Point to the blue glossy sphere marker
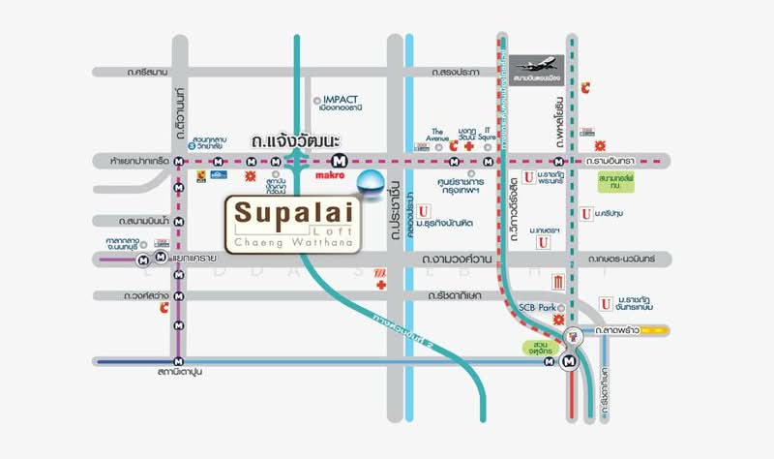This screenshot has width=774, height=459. click(371, 181)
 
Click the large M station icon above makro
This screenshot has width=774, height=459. click(339, 160)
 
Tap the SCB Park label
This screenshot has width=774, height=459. click(540, 307)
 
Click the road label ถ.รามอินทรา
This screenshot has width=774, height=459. click(615, 161)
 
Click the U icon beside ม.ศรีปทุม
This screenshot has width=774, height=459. click(586, 213)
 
